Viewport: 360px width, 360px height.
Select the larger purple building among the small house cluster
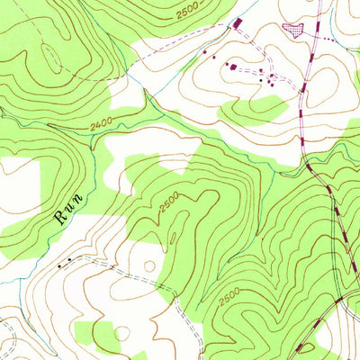click(x=231, y=66)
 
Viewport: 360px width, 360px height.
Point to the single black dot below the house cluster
click(x=261, y=81)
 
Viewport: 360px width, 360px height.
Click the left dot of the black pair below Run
click(x=60, y=266)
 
